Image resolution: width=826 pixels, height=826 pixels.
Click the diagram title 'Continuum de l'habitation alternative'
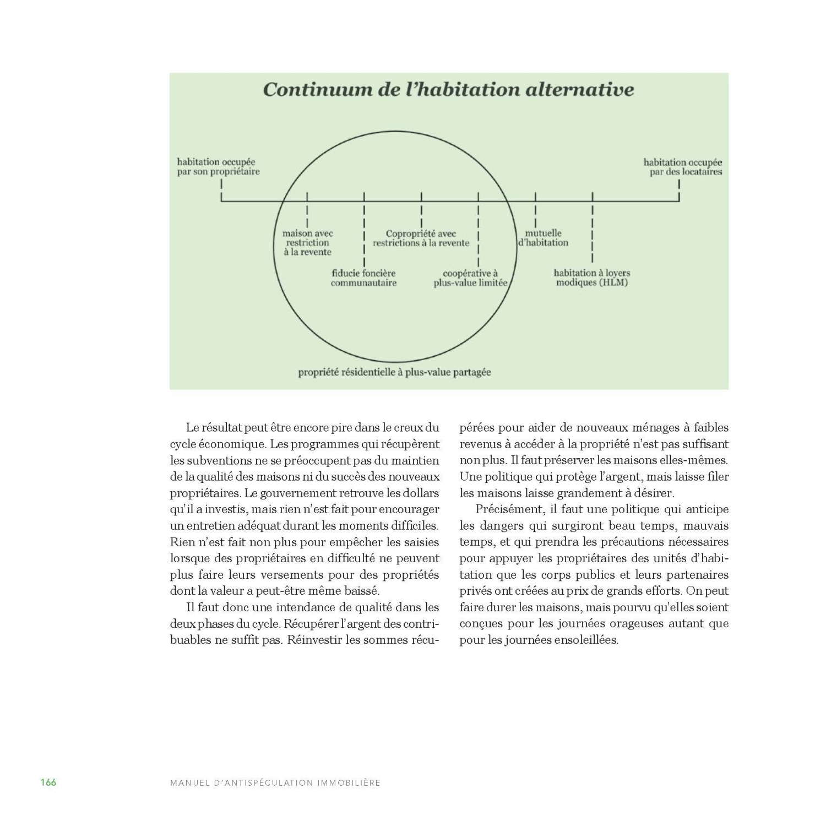448,89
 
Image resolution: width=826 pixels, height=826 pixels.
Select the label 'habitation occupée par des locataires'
683,167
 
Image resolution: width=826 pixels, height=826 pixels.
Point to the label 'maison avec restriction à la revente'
308,243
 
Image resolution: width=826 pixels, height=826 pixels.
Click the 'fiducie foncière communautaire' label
363,278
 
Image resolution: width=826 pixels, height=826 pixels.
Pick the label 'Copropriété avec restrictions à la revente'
421,238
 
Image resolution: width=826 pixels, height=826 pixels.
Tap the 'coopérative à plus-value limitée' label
470,278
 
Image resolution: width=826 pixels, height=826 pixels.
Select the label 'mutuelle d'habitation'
544,238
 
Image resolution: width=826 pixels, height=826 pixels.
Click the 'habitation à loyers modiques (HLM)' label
592,278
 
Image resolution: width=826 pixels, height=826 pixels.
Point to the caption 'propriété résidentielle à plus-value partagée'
394,372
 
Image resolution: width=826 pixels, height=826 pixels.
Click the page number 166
48,782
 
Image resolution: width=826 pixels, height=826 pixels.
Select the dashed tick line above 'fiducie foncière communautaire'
364,231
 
